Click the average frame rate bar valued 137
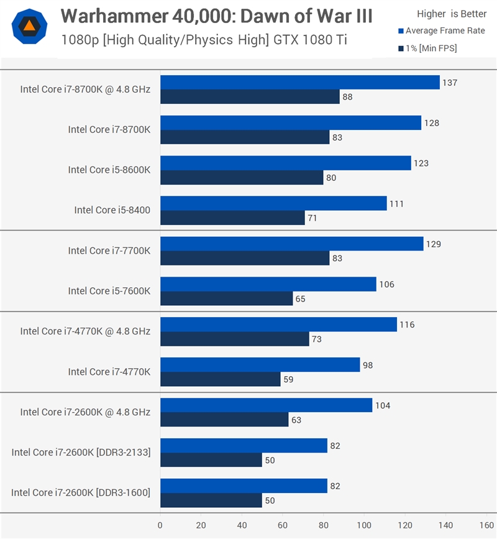[x=299, y=83]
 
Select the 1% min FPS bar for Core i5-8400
[x=232, y=218]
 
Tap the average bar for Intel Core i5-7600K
[x=268, y=284]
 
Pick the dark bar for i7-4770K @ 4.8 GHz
[x=234, y=339]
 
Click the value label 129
[x=433, y=244]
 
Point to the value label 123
[x=421, y=164]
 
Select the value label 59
[x=288, y=379]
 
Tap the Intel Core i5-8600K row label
[x=109, y=170]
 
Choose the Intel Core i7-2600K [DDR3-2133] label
[x=81, y=452]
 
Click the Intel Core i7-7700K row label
[x=109, y=251]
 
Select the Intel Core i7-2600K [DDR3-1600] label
[x=81, y=492]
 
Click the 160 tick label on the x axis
[x=485, y=525]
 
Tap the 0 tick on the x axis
[x=160, y=525]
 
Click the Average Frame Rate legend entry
[x=441, y=31]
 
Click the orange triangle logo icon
[x=29, y=25]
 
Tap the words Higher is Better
[x=452, y=14]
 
